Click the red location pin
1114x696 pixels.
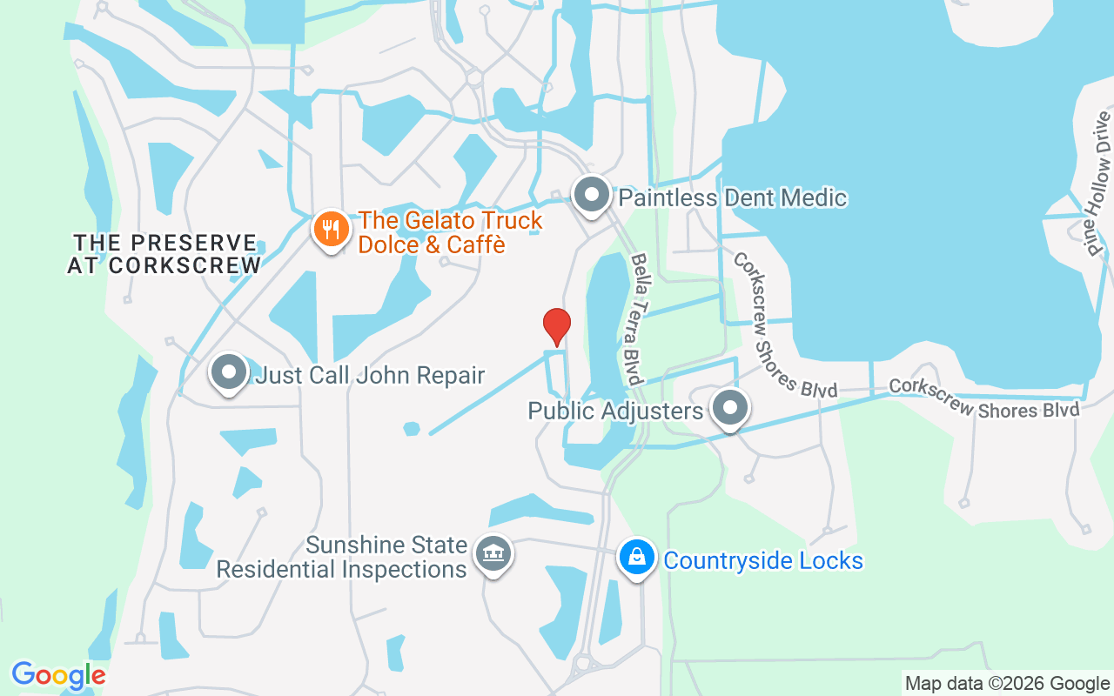[x=556, y=326]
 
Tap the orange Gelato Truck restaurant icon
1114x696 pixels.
[x=331, y=230]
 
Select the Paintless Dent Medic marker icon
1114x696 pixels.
[x=593, y=196]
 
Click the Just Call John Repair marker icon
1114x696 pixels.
[x=229, y=372]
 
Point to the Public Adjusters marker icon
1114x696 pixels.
[x=730, y=408]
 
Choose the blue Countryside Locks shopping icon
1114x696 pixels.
[x=637, y=557]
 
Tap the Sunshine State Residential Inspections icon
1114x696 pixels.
[x=493, y=554]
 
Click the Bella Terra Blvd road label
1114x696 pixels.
[x=637, y=319]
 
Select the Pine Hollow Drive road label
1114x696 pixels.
[x=1099, y=184]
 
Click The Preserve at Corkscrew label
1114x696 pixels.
[x=164, y=254]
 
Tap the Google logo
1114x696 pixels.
[x=58, y=675]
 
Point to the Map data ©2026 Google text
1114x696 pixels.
[x=1007, y=684]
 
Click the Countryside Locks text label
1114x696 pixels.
[x=763, y=560]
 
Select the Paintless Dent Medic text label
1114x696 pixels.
[x=732, y=197]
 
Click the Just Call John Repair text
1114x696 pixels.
[x=369, y=376]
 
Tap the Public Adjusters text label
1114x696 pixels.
[x=615, y=411]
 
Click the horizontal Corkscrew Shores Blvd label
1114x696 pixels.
[x=983, y=399]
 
